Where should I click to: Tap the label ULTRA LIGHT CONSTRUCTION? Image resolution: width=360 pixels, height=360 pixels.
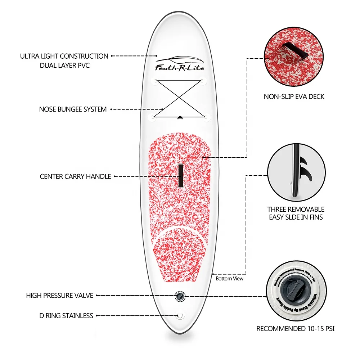[64, 56]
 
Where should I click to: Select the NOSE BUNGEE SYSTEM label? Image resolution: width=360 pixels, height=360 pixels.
[73, 109]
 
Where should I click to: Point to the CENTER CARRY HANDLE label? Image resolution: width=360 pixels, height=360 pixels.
[75, 176]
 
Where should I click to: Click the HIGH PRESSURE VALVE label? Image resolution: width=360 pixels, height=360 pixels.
[60, 296]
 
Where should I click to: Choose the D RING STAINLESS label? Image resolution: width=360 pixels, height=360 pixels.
[66, 316]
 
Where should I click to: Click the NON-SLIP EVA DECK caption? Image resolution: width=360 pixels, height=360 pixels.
[294, 96]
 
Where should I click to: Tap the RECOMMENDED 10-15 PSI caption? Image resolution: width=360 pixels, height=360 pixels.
[295, 329]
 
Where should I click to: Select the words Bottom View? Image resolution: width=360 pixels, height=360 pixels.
[229, 278]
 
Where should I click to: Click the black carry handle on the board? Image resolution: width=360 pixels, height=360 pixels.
[180, 176]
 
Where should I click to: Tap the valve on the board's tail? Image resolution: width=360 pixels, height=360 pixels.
[179, 296]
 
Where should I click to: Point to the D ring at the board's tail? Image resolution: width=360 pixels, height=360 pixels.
[179, 316]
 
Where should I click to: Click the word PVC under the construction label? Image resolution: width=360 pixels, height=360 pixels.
[82, 66]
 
